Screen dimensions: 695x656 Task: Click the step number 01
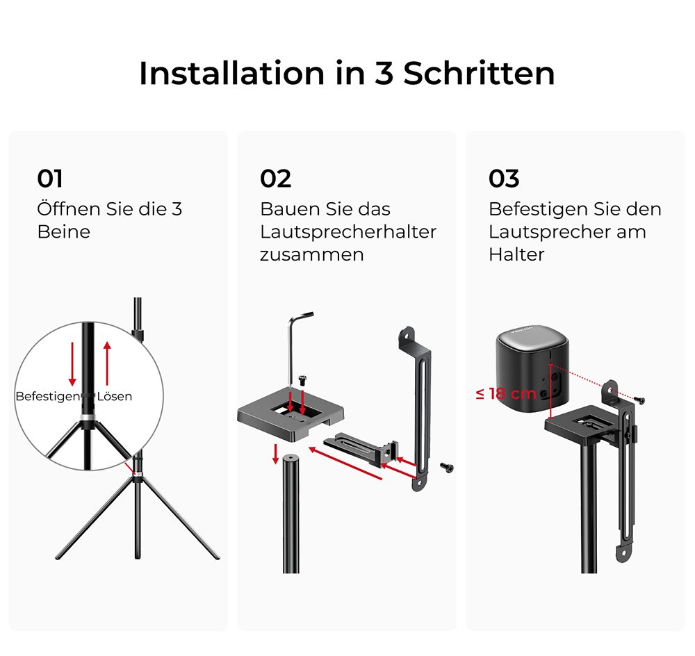coord(49,179)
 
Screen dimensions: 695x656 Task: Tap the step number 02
coord(275,179)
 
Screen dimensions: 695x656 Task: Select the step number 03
coord(503,179)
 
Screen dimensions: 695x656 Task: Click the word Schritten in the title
coord(479,73)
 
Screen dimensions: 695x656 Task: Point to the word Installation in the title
coord(232,73)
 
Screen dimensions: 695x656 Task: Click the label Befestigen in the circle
coord(48,396)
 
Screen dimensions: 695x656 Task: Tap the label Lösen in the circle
coord(115,396)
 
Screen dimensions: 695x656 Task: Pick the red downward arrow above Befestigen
coord(72,363)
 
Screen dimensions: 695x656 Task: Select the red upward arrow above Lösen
coord(107,363)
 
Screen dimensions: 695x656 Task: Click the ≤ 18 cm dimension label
coord(506,393)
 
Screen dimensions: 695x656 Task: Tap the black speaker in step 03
coord(532,369)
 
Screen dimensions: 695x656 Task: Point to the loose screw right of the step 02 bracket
coord(446,467)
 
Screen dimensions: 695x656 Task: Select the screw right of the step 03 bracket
coord(639,400)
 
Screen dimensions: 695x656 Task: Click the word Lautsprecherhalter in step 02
coord(348,232)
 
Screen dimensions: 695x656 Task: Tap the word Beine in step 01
coord(64,232)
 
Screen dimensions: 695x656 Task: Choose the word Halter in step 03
coord(516,254)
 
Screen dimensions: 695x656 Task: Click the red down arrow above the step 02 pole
coord(276,454)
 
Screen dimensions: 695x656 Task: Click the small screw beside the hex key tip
coord(304,379)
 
